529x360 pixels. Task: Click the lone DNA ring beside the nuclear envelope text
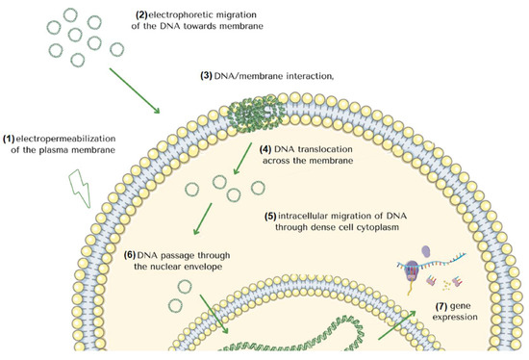(x=175, y=306)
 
